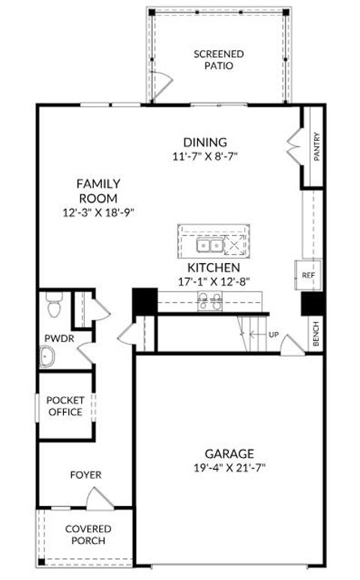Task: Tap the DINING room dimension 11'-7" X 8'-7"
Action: (x=205, y=157)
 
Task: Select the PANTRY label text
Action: (x=316, y=147)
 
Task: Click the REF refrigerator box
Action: (x=307, y=275)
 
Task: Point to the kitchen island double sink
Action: (x=209, y=245)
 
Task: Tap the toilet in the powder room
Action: (x=52, y=306)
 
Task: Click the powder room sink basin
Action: (x=48, y=357)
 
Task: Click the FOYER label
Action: (x=85, y=475)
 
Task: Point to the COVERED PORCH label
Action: (x=88, y=534)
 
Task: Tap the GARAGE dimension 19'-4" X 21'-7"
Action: (x=229, y=468)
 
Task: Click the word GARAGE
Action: (x=229, y=453)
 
